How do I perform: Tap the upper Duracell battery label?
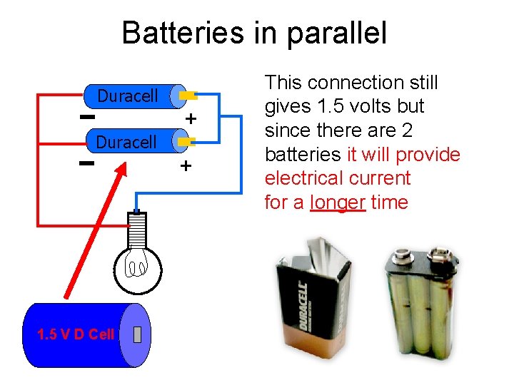coord(127,96)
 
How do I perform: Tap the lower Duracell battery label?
coord(126,143)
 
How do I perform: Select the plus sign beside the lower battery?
coord(186,166)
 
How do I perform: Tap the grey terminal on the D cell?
coord(137,334)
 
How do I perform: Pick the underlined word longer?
coord(338,202)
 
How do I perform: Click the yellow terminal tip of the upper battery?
coord(188,94)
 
